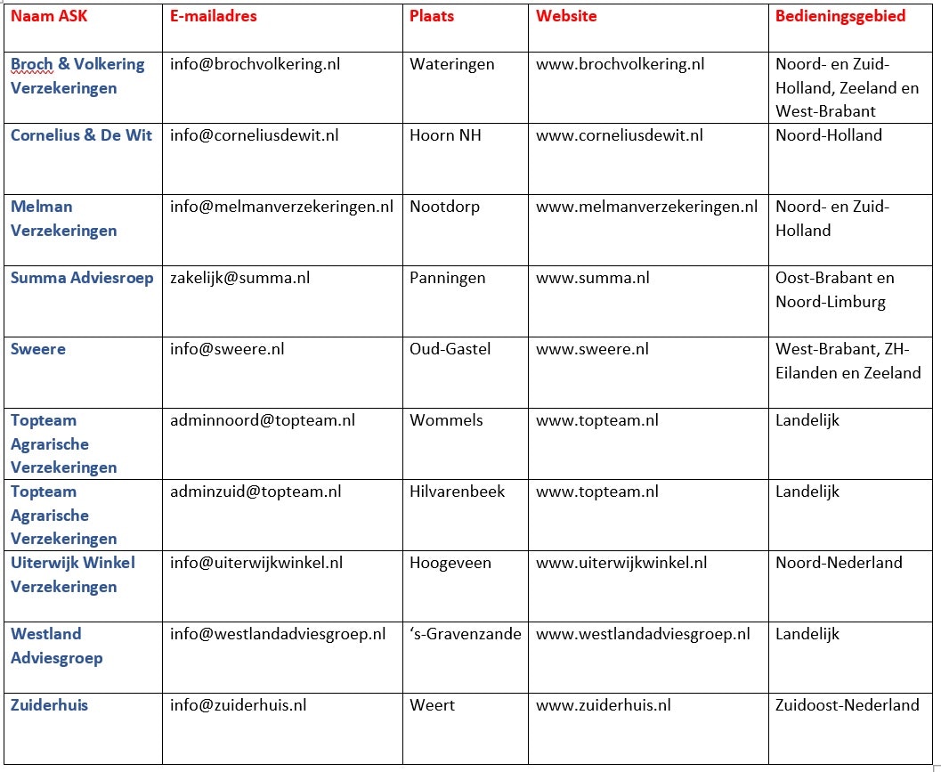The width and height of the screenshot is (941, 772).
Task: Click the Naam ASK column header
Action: click(48, 16)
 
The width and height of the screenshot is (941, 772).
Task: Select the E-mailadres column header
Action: click(214, 16)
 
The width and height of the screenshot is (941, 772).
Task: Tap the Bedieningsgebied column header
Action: click(840, 16)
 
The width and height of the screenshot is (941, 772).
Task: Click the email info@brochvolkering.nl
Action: click(255, 64)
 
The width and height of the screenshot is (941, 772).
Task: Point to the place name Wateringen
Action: click(451, 64)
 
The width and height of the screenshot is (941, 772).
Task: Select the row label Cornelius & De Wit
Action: click(81, 135)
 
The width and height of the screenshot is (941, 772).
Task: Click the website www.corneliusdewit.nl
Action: click(619, 135)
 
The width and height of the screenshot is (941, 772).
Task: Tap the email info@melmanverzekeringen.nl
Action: click(281, 207)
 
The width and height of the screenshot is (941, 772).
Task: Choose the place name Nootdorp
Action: click(444, 207)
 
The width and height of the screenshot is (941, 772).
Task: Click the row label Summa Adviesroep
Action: click(82, 278)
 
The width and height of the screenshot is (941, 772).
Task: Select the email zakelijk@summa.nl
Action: click(239, 278)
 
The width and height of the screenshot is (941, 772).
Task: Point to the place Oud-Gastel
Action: click(450, 349)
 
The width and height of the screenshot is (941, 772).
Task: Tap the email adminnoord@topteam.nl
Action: click(262, 420)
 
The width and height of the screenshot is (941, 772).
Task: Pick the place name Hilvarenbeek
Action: click(457, 492)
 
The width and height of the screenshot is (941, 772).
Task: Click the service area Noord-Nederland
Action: click(839, 563)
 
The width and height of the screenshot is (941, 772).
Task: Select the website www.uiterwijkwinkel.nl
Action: click(621, 563)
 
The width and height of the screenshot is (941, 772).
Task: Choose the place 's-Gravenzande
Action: click(465, 634)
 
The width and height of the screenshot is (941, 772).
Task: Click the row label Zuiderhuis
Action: click(49, 705)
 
